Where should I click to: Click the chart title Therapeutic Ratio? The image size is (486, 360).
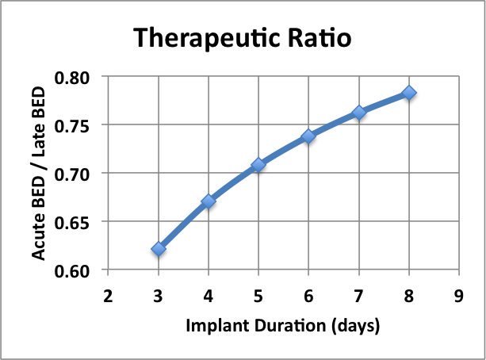point(241,37)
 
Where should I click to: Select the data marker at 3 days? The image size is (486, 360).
point(159,249)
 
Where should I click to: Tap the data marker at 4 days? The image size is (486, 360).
point(209,201)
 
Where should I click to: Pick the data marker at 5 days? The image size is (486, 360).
point(258,165)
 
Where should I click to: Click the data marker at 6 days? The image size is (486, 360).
point(308,136)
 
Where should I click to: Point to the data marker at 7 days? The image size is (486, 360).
point(359,113)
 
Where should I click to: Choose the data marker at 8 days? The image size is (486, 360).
point(409,93)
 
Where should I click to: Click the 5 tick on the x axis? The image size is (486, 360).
point(258,296)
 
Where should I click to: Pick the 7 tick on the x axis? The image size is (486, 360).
point(359,296)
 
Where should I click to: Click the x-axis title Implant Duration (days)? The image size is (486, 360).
point(283,326)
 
